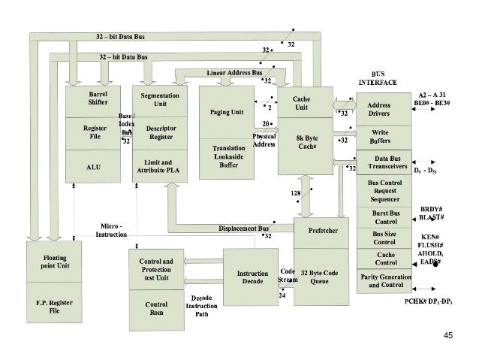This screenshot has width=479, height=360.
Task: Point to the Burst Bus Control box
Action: (384, 217)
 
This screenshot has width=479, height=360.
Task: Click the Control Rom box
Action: (157, 309)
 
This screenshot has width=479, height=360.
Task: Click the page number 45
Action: (449, 335)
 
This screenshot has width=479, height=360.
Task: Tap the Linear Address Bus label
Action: (233, 72)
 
